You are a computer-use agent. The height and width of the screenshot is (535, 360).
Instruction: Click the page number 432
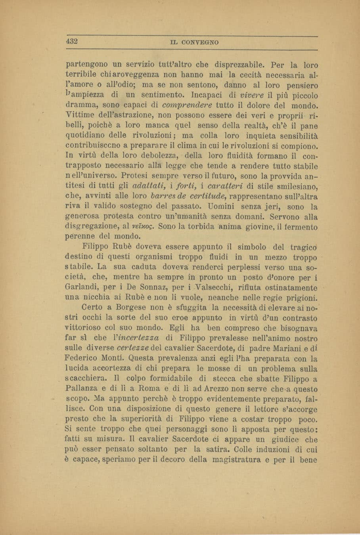(72, 41)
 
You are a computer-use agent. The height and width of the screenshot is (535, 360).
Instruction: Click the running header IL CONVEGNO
(195, 42)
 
